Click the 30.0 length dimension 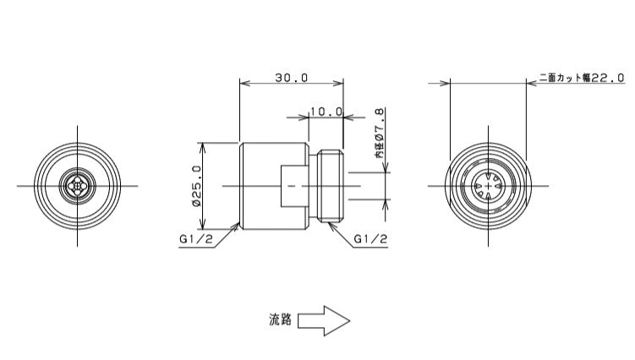click(x=292, y=78)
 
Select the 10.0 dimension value click(x=326, y=112)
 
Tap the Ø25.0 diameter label click(x=197, y=186)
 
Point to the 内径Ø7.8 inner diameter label click(x=379, y=133)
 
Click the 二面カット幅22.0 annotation click(x=582, y=78)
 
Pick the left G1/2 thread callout click(x=196, y=239)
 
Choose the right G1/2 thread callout click(x=370, y=239)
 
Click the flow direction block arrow click(x=324, y=321)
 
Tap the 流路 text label click(x=280, y=319)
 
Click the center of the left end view click(x=77, y=186)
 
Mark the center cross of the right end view click(x=489, y=186)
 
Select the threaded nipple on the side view click(x=331, y=186)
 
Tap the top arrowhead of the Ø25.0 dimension click(x=202, y=146)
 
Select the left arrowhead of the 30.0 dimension click(x=244, y=83)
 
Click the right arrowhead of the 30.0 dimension click(x=338, y=83)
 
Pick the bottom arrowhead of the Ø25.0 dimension click(x=202, y=225)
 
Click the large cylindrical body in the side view click(x=274, y=186)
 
